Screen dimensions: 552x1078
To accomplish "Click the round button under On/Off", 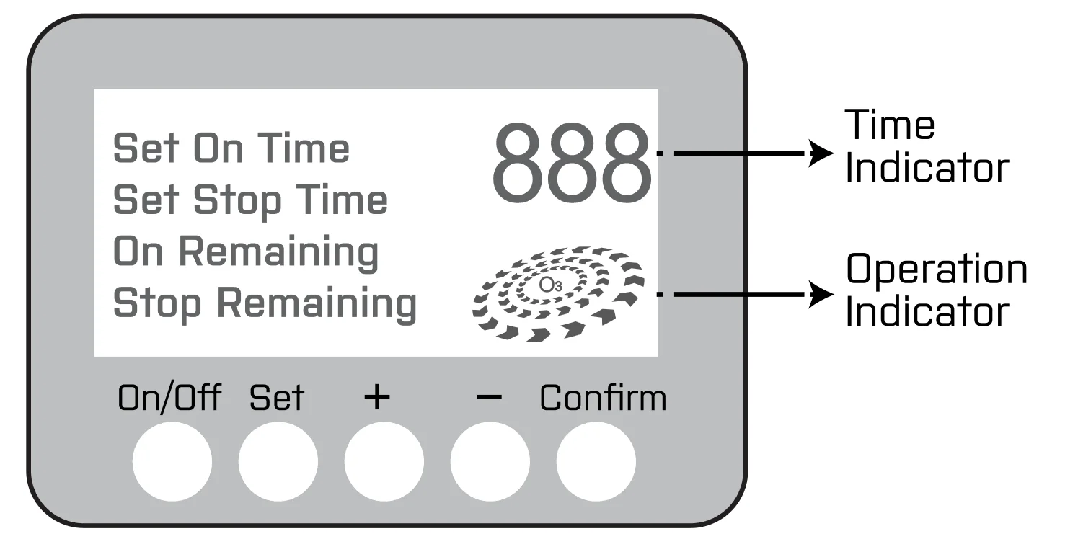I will [x=172, y=461].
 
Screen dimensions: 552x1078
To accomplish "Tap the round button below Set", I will [x=278, y=461].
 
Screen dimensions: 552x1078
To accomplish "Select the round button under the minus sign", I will [x=490, y=461].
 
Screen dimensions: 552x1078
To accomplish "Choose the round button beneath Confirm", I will [x=596, y=461].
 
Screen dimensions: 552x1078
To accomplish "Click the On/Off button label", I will [x=169, y=398].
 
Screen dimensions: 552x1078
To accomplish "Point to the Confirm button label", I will [x=603, y=398].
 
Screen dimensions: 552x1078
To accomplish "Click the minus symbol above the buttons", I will [x=490, y=397].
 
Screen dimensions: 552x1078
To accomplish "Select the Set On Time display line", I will [x=231, y=148].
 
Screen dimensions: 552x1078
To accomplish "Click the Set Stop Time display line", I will [x=250, y=200].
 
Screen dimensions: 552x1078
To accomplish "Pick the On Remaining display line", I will [x=246, y=251].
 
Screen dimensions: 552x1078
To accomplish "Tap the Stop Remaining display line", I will [x=265, y=303].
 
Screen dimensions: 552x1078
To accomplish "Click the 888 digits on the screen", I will [x=571, y=164].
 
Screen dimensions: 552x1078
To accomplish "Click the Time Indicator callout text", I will [x=925, y=146].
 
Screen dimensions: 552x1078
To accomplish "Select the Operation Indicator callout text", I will [x=936, y=290].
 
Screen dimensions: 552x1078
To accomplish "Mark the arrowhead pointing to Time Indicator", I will [x=821, y=153].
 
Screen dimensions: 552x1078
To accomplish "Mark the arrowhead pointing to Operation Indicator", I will [x=821, y=294].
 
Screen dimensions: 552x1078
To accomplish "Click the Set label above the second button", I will [x=277, y=398].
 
